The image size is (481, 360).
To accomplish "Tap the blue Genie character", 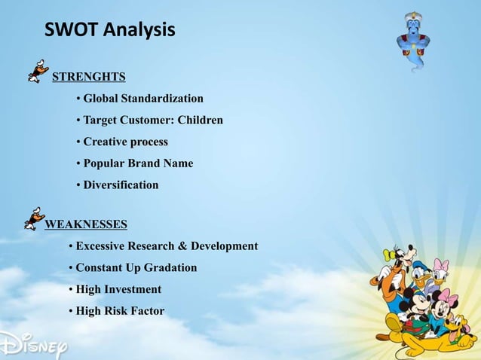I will [413, 41].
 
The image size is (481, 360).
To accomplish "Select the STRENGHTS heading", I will [88, 76].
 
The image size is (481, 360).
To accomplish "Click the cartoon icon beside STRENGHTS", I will [38, 71].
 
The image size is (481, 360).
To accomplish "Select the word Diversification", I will [121, 185].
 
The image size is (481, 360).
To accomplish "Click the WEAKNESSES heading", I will [86, 224].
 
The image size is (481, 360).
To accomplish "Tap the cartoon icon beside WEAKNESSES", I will [34, 218].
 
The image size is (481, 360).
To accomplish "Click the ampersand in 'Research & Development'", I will [181, 246].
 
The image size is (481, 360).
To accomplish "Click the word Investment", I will [133, 289].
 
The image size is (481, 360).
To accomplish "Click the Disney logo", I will [34, 344].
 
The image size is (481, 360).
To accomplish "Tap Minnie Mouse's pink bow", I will [448, 296].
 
